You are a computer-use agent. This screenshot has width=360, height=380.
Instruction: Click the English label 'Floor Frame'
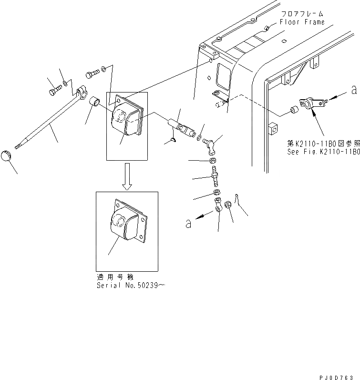click(x=302, y=22)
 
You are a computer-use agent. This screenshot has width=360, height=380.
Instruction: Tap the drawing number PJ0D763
click(x=340, y=376)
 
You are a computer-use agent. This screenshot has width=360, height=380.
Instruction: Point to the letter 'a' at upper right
click(x=353, y=89)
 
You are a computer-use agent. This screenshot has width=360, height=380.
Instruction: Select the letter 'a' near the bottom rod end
click(x=188, y=223)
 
